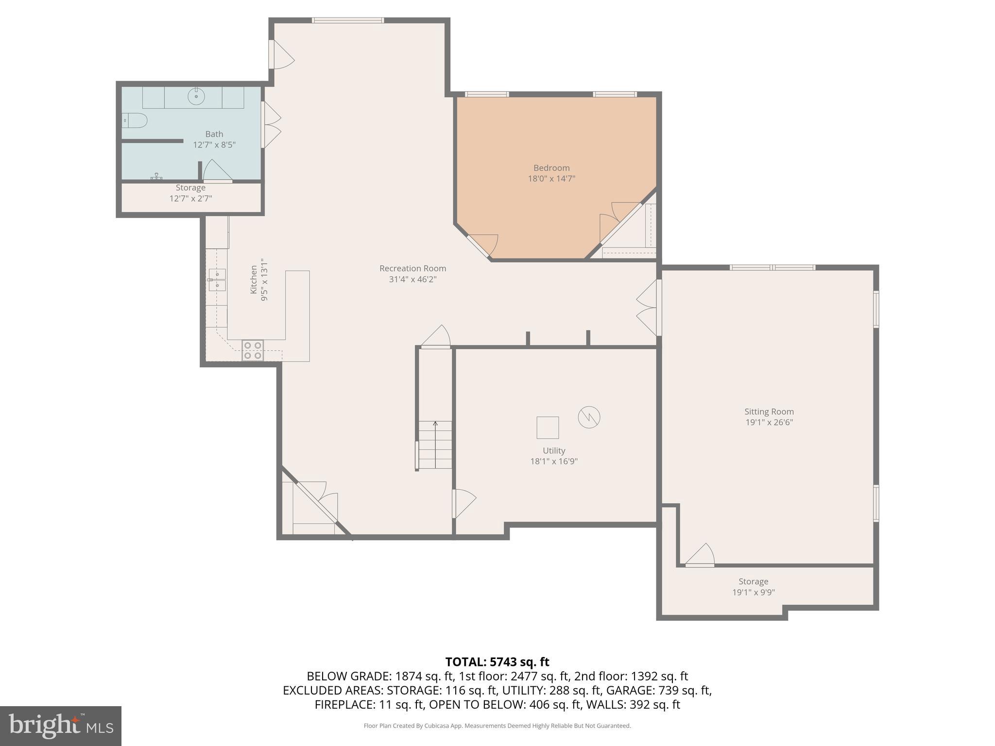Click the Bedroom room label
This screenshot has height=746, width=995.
[551, 168]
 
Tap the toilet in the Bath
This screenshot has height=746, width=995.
[135, 120]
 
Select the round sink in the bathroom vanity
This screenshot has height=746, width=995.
[196, 97]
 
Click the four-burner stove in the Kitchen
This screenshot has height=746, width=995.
[253, 350]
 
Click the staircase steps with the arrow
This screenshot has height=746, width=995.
[435, 444]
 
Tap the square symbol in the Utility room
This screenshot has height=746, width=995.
[548, 428]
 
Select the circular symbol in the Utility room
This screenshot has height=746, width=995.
[589, 417]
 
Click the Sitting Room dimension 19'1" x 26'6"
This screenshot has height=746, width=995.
[769, 423]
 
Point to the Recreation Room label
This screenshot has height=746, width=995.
[412, 269]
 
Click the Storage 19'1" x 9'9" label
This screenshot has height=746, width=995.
[753, 587]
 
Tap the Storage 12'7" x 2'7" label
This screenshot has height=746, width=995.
[190, 193]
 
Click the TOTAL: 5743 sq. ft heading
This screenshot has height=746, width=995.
[497, 662]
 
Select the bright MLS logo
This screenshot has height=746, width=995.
[60, 726]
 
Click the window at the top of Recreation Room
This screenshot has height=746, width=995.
[348, 20]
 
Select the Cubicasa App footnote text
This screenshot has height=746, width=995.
[497, 726]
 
